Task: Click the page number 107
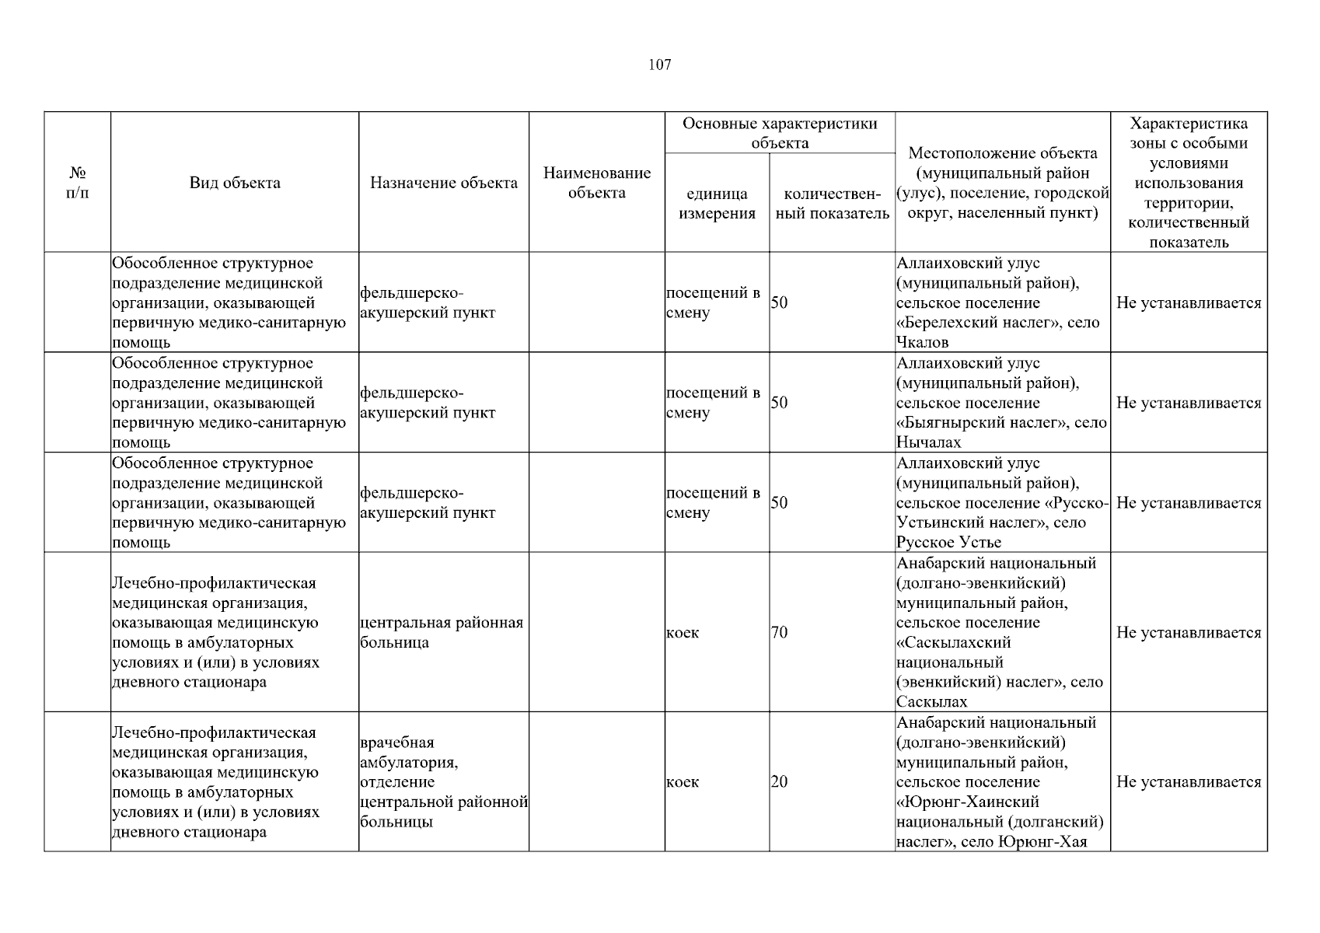(659, 65)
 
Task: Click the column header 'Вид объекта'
(235, 183)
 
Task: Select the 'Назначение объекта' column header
(443, 183)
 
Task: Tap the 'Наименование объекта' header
(596, 183)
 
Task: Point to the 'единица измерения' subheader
(717, 204)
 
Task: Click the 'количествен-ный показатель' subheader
(832, 204)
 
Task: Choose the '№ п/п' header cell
(78, 183)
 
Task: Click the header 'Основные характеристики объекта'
(780, 133)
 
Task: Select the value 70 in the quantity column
(779, 633)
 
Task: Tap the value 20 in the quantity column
(779, 782)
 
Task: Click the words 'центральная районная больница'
(442, 633)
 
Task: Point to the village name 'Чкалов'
(922, 343)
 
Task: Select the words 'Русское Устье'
(948, 543)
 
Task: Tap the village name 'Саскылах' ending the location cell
(931, 702)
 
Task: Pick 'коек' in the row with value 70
(683, 633)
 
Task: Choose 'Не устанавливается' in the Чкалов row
(1189, 303)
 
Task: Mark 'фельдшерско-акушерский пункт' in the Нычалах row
(428, 403)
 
